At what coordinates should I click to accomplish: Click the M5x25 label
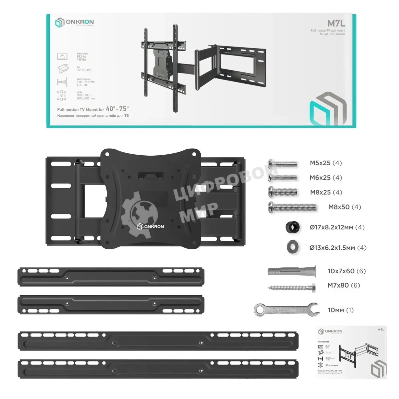tap(326, 163)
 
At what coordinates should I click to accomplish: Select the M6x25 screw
tap(282, 178)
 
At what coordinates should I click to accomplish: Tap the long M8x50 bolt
tap(292, 207)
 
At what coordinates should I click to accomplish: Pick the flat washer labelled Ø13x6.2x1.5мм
tap(292, 247)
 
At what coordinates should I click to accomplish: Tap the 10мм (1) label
tap(340, 310)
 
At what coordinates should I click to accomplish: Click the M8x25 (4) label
tap(326, 193)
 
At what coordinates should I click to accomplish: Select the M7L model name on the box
tap(336, 24)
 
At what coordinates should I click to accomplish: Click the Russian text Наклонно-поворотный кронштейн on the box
tap(93, 116)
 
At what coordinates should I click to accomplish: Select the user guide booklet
tap(351, 352)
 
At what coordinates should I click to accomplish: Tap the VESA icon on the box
tap(62, 95)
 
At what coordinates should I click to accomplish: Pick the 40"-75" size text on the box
tap(117, 109)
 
